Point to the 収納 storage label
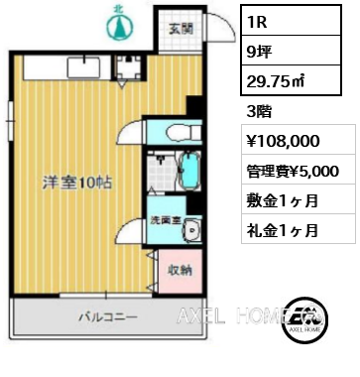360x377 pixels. click(x=180, y=270)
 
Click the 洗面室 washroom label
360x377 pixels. click(x=165, y=221)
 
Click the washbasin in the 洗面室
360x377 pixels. click(x=192, y=231)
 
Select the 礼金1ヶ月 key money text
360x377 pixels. click(x=284, y=230)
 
